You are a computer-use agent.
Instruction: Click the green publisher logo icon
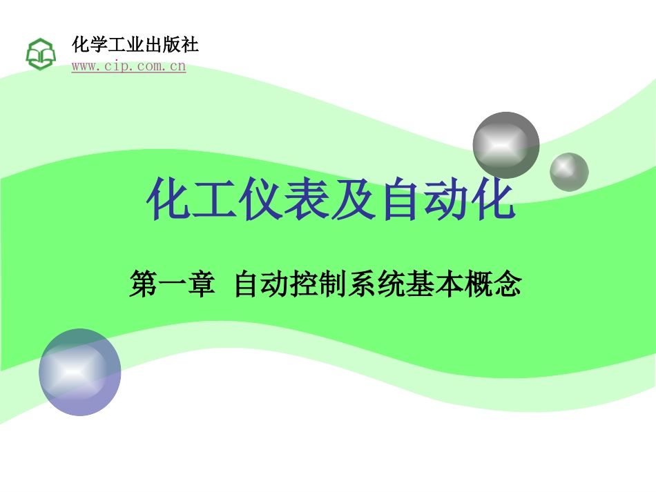click(x=41, y=55)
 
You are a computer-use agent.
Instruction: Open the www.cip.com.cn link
click(x=128, y=66)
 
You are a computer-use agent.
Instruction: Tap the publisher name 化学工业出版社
click(x=135, y=44)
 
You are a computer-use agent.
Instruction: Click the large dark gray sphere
click(x=505, y=145)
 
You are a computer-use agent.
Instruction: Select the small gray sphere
click(x=569, y=173)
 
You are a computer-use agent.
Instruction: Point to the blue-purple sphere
click(x=80, y=372)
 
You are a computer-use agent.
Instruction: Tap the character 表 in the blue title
click(x=307, y=198)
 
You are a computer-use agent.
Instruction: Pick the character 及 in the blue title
click(x=354, y=198)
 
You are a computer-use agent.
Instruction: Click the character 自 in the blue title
click(x=400, y=198)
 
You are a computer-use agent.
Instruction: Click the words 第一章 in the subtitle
click(x=172, y=284)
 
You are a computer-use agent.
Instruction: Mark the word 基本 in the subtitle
click(x=434, y=284)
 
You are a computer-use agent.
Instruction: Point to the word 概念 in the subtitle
click(x=492, y=284)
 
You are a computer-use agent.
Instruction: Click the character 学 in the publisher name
click(x=98, y=44)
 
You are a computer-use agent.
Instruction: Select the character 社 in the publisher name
click(x=189, y=44)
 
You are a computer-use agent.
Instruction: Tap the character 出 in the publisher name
click(x=153, y=44)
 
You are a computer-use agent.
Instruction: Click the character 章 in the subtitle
click(x=201, y=284)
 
